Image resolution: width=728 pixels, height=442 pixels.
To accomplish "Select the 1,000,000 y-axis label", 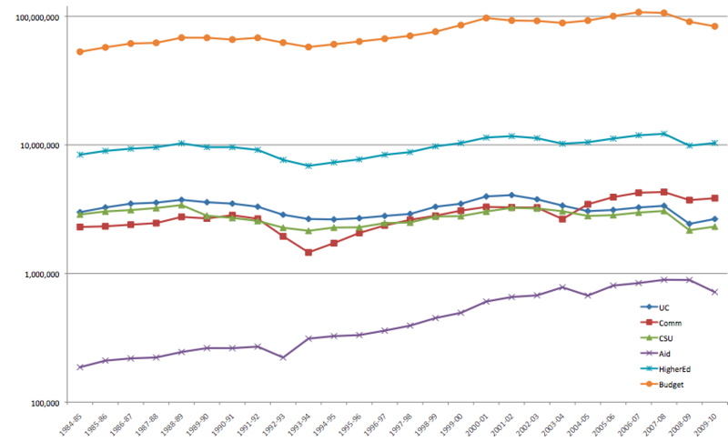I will (37, 274).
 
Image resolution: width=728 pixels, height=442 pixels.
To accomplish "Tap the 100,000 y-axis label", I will (41, 402).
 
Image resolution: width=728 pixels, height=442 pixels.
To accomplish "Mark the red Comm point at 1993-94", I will (308, 252).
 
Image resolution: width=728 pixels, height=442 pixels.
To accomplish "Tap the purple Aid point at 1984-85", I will (80, 367).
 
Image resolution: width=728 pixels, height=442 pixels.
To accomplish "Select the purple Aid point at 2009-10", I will (714, 292).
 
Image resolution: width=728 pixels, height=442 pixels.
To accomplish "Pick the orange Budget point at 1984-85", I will (80, 52).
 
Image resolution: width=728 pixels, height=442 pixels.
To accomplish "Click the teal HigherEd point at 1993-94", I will (308, 166).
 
